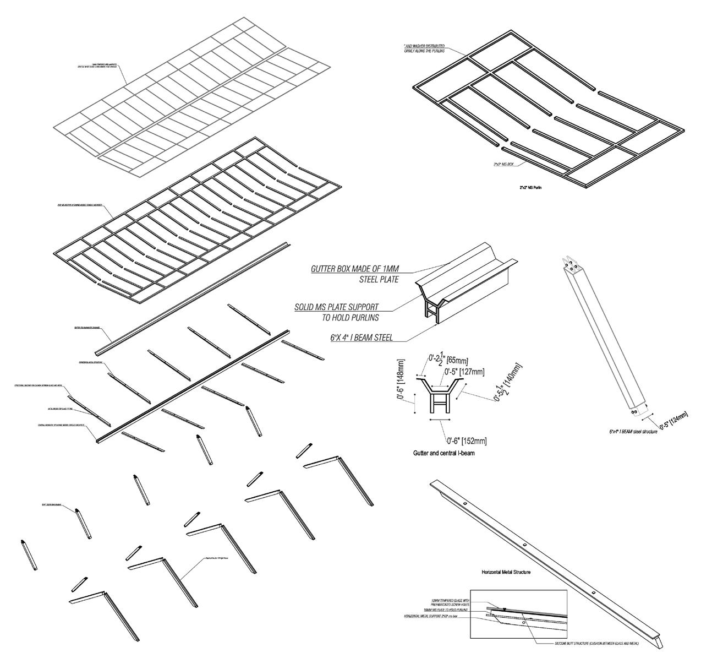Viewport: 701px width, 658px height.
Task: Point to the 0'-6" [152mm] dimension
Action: (466, 441)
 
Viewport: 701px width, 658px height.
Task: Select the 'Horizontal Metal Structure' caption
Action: (506, 573)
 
